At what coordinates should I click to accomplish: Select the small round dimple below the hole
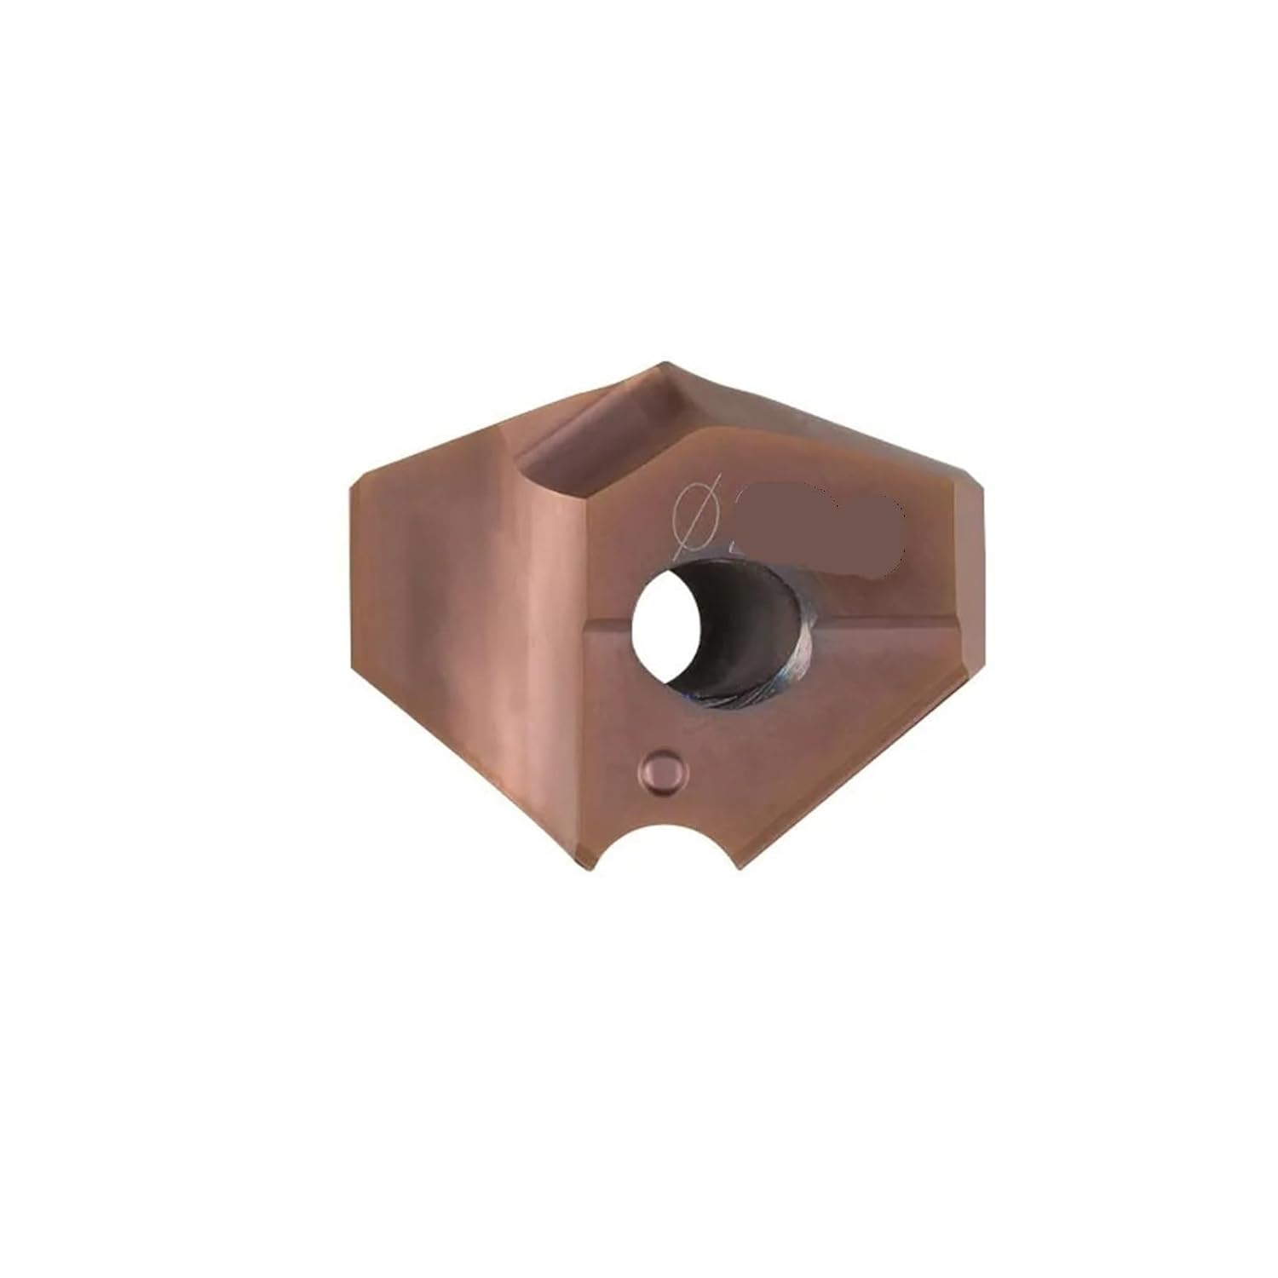point(665,771)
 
